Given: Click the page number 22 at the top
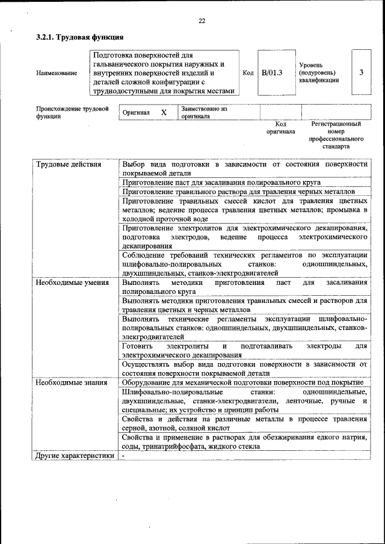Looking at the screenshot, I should click(202, 21).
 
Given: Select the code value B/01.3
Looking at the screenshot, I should click(272, 73).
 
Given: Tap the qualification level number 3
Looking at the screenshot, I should click(361, 73).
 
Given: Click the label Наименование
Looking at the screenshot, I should click(57, 73).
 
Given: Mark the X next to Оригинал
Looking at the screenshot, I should click(164, 112).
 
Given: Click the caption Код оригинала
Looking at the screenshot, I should click(280, 127).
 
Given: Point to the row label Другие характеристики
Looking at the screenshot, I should click(75, 455).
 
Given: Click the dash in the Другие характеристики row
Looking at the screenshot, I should click(123, 455).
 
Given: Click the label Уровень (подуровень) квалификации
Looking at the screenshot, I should click(319, 73).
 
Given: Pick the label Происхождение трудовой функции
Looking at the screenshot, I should click(72, 112).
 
